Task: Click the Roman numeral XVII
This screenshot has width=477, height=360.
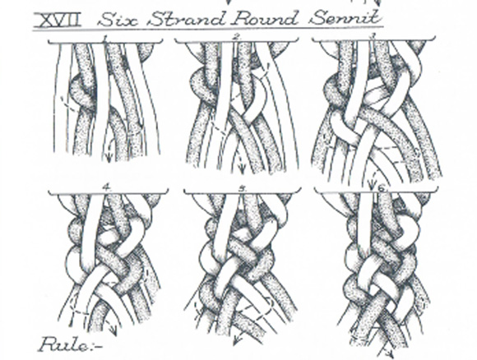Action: click(58, 20)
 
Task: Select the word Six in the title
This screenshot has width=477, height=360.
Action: click(118, 20)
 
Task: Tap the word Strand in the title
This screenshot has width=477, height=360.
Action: click(188, 19)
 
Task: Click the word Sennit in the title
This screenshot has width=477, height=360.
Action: click(345, 17)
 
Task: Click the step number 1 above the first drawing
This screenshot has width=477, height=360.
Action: click(104, 39)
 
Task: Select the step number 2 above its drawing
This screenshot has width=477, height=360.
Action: click(237, 37)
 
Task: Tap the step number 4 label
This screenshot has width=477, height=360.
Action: click(106, 187)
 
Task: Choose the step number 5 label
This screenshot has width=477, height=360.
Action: click(242, 188)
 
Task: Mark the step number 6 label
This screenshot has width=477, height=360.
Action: click(381, 188)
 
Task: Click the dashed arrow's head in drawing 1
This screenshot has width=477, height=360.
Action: click(109, 158)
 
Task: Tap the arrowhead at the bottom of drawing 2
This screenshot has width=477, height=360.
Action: click(242, 169)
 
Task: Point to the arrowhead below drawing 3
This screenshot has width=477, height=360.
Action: click(372, 183)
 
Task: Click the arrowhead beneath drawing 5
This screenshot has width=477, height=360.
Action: click(236, 341)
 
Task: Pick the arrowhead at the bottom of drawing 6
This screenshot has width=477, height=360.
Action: click(389, 353)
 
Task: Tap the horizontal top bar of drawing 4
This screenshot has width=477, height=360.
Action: click(108, 193)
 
